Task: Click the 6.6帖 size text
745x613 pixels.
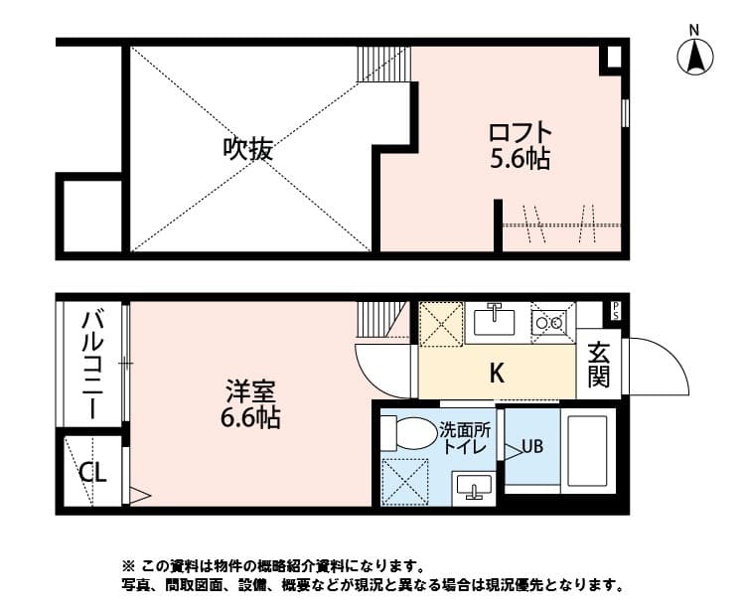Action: tap(249, 418)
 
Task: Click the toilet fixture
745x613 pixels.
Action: tap(407, 434)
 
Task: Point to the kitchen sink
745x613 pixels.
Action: tap(492, 321)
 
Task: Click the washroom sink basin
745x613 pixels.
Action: tap(474, 486)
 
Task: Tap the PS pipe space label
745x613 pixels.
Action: tap(615, 311)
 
